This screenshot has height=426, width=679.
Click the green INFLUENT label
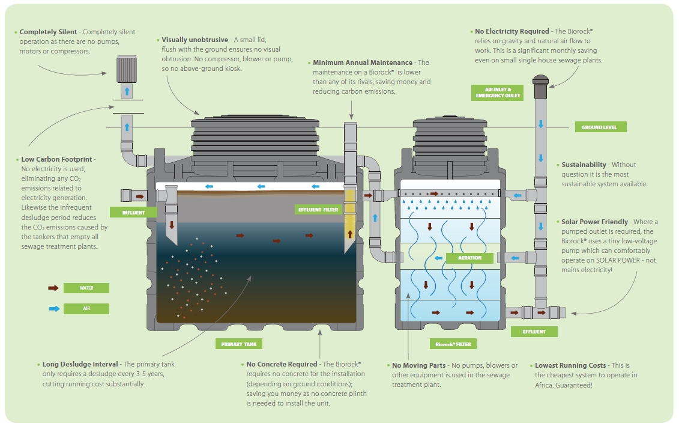click(x=133, y=212)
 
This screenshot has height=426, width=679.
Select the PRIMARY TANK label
click(x=239, y=344)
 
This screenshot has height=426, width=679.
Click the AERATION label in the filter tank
click(x=469, y=258)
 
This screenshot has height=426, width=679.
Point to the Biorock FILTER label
click(x=454, y=344)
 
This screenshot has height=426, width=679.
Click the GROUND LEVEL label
click(x=600, y=127)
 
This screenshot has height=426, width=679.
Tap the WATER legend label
click(x=86, y=288)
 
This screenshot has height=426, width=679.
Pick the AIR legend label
click(x=86, y=309)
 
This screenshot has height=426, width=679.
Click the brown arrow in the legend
click(x=53, y=288)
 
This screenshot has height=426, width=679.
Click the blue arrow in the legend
click(x=53, y=309)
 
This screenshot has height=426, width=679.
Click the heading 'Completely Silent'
click(x=49, y=32)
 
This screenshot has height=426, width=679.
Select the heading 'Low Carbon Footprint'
click(x=57, y=159)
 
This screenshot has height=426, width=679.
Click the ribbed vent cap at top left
click(x=127, y=68)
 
